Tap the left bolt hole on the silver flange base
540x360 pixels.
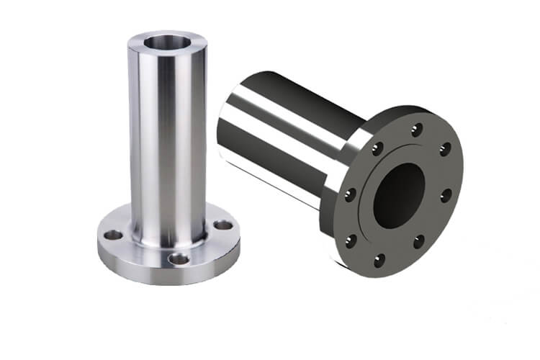coord(113,235)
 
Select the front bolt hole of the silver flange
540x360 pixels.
coord(178,258)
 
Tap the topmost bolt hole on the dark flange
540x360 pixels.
coord(416,130)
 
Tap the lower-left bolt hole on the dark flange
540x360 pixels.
coord(351,241)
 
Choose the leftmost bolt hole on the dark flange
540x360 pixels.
coord(350,195)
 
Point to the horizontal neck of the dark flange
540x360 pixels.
coord(288,137)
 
